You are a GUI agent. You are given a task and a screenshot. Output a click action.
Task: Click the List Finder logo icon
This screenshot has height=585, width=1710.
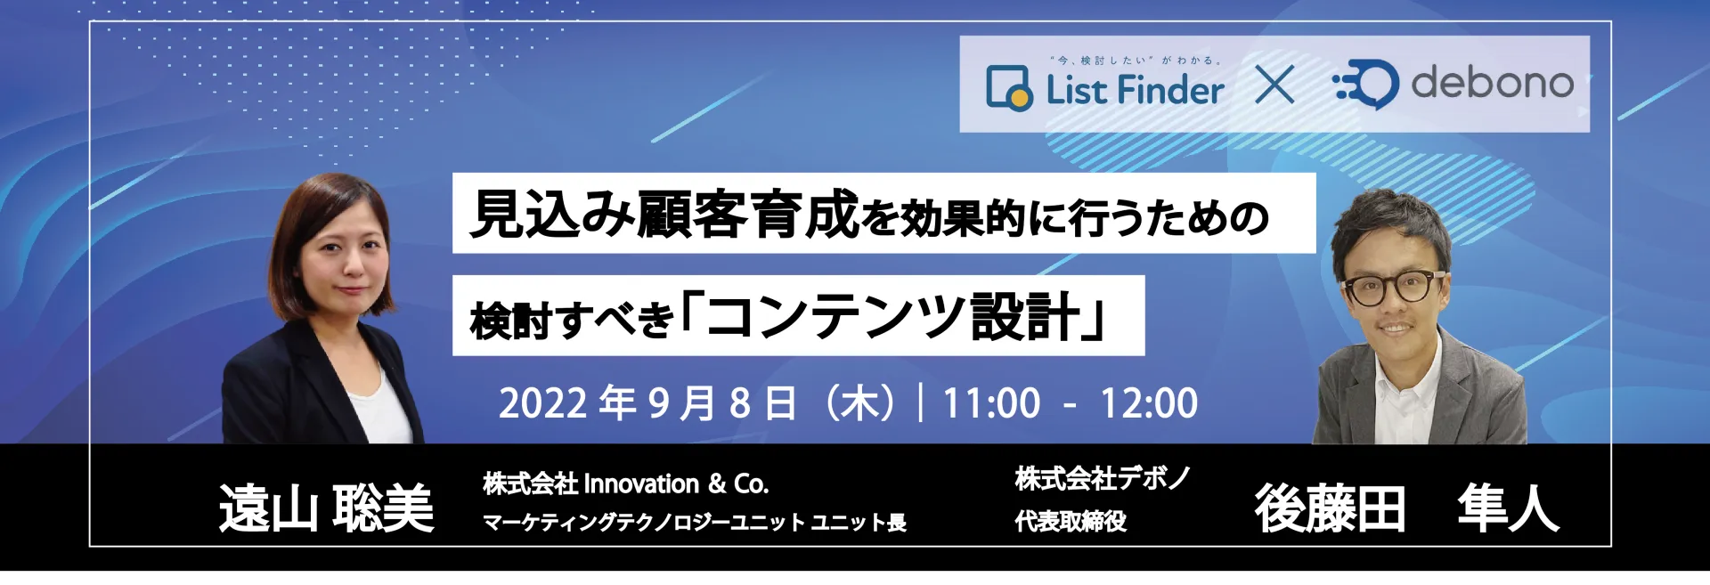[x=1010, y=88]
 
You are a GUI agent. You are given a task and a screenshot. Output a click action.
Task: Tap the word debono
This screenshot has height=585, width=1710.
[x=1493, y=83]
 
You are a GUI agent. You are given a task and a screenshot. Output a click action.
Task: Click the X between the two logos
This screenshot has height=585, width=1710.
[x=1274, y=85]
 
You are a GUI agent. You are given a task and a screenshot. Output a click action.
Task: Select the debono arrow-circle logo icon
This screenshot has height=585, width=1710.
[x=1365, y=85]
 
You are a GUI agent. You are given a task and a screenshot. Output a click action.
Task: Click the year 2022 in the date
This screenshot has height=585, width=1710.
[x=543, y=403]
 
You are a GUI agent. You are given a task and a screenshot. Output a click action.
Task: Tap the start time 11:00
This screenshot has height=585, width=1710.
[x=991, y=403]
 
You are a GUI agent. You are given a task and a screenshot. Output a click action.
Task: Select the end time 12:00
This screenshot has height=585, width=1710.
[x=1149, y=403]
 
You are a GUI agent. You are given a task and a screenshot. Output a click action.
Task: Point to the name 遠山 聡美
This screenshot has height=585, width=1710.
[x=327, y=508]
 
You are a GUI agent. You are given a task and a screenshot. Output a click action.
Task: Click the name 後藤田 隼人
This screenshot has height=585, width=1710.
[x=1407, y=508]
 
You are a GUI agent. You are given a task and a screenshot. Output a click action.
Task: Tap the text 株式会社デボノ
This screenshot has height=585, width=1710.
[x=1103, y=478]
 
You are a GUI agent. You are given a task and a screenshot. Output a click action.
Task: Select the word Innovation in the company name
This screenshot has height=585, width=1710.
[x=641, y=483]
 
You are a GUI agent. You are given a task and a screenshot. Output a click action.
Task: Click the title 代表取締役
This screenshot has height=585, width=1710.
[x=1071, y=521]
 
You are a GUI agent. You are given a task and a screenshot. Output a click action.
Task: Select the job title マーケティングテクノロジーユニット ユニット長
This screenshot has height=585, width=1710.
[x=695, y=522]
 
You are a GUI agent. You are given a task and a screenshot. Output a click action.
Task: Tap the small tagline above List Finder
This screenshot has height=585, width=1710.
[x=1136, y=61]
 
